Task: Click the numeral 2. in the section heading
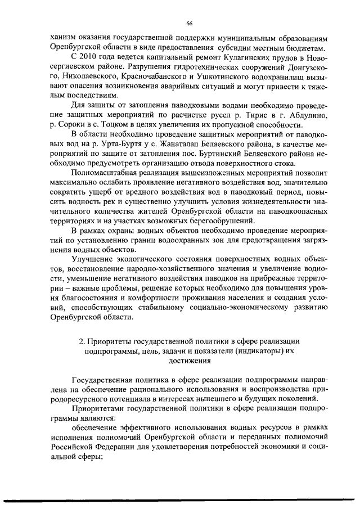pos(82,341)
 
